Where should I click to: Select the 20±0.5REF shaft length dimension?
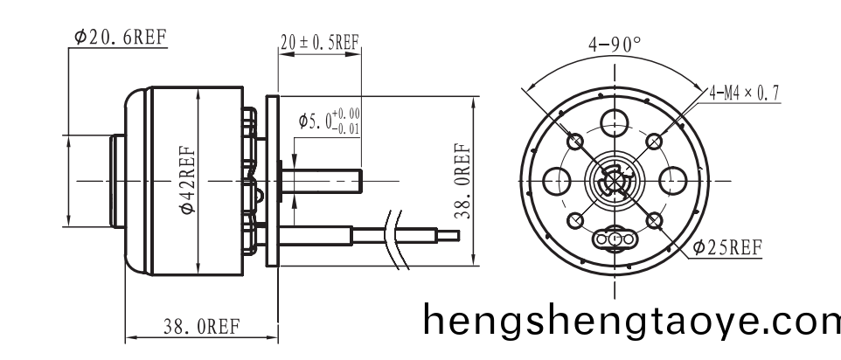click(x=319, y=41)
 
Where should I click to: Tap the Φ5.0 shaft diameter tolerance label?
click(x=329, y=121)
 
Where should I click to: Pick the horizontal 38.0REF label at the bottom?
click(x=201, y=328)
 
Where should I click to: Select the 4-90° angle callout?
click(x=615, y=45)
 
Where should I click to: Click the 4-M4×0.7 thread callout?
click(x=742, y=92)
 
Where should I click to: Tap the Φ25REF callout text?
click(x=726, y=247)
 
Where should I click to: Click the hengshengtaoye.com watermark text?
click(x=630, y=320)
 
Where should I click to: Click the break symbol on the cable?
click(x=398, y=236)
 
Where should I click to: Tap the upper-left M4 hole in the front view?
click(x=575, y=142)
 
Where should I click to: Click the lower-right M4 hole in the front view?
click(x=654, y=220)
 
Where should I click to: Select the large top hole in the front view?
click(x=615, y=121)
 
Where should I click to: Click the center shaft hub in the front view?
click(x=615, y=181)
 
